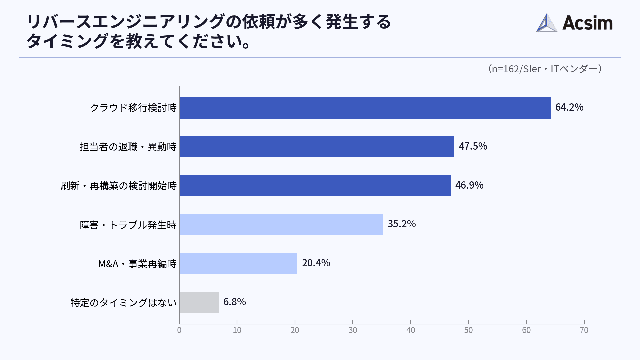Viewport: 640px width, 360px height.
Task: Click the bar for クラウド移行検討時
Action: (x=365, y=108)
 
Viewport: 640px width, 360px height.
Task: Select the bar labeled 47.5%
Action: (x=317, y=147)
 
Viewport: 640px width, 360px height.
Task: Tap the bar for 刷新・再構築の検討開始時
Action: (x=315, y=186)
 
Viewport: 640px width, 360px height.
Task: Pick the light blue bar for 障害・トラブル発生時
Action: (x=281, y=225)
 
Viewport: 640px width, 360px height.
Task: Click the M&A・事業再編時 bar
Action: (x=238, y=264)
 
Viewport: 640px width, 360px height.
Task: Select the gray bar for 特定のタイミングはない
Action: (x=199, y=302)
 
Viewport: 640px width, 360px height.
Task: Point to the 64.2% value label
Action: (x=569, y=107)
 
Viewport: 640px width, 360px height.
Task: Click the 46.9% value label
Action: (x=469, y=185)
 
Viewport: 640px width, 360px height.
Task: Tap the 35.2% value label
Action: (x=401, y=224)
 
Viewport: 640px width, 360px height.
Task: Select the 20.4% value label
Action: (x=316, y=263)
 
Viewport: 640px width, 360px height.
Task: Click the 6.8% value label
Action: (x=234, y=302)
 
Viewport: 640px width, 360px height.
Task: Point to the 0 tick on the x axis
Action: (x=179, y=330)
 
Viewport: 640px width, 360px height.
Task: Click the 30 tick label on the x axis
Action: (x=353, y=330)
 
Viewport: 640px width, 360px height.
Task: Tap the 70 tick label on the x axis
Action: (x=584, y=330)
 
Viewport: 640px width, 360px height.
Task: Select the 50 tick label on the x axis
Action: (x=468, y=330)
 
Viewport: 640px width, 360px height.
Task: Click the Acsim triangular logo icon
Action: (x=546, y=23)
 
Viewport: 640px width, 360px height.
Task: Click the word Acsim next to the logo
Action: (x=587, y=23)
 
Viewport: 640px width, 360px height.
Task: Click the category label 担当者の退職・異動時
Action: (x=128, y=147)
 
